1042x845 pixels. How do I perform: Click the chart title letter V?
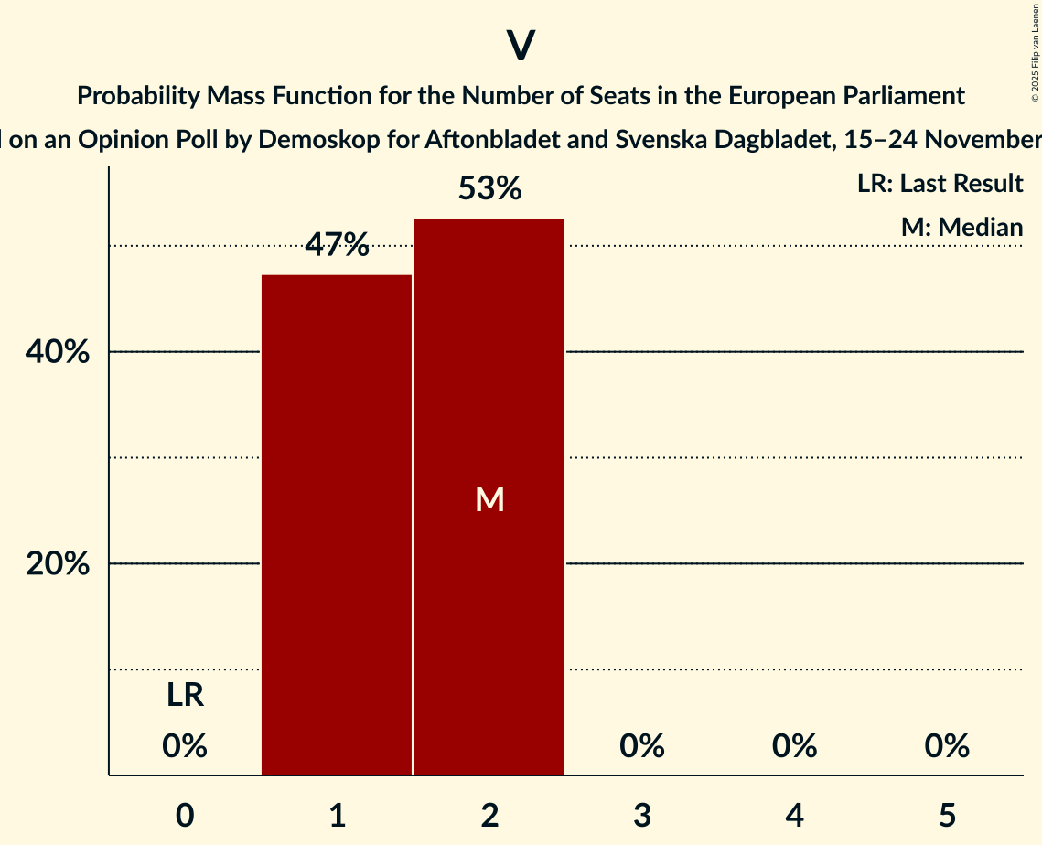(521, 46)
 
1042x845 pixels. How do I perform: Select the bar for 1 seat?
(337, 525)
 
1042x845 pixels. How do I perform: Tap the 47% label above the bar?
(337, 245)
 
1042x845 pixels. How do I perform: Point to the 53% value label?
(489, 189)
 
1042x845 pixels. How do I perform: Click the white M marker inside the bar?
(489, 499)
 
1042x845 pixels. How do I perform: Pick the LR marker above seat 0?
(185, 696)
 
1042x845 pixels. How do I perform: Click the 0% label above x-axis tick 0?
(185, 746)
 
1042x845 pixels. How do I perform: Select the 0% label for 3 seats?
(641, 746)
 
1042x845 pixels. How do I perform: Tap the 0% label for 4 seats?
(794, 746)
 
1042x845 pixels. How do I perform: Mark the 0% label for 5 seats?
(946, 746)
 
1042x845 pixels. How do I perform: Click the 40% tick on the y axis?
(58, 352)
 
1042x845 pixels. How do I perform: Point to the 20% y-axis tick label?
(58, 564)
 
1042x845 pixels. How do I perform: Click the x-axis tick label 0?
(185, 815)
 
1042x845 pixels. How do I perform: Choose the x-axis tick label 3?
(641, 815)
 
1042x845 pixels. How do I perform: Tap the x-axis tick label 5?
(946, 815)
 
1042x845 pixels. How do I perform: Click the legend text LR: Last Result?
(940, 184)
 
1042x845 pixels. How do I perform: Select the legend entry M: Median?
(961, 227)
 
